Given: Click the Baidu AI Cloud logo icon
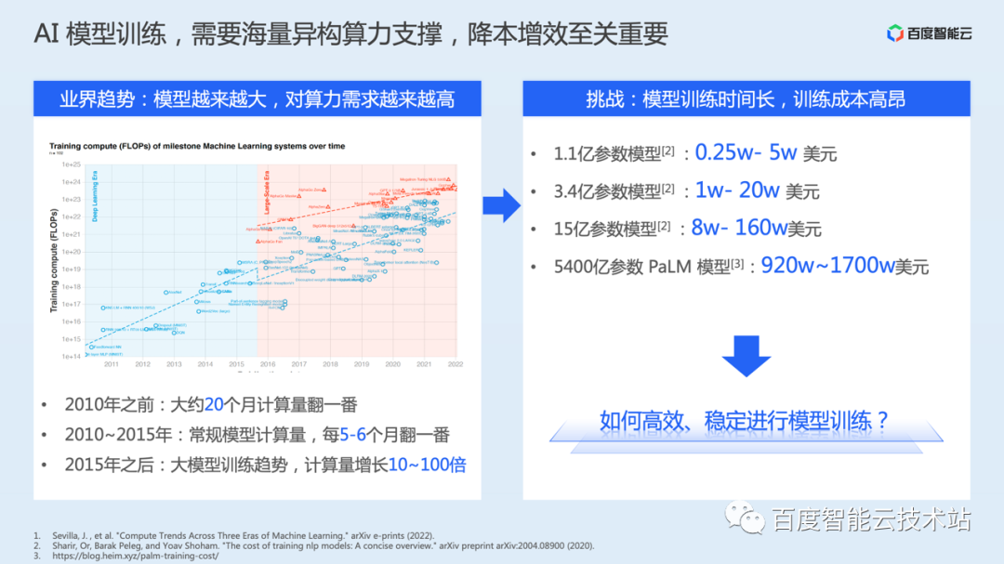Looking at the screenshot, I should click(894, 34).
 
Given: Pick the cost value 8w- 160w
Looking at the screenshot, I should click(737, 228).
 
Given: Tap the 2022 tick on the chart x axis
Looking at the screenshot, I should click(456, 364).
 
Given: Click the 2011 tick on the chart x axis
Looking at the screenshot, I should click(111, 364).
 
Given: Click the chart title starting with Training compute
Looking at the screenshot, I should click(197, 146).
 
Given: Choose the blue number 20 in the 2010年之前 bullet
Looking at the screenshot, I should click(214, 405).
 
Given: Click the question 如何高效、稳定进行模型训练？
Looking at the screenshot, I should click(745, 420).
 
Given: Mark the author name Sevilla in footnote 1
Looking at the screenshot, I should click(61, 535).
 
